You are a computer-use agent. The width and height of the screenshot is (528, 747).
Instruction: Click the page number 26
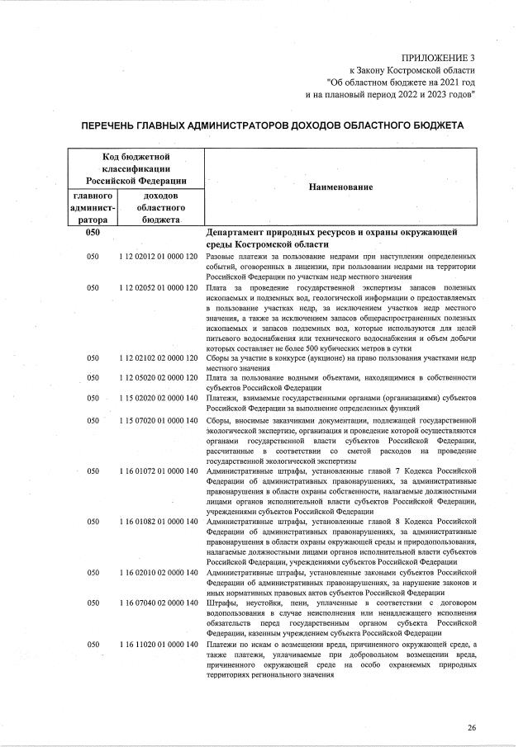(x=472, y=727)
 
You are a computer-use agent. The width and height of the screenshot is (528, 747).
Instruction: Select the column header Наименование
(x=340, y=187)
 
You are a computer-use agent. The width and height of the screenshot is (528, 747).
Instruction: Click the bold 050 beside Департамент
(x=93, y=234)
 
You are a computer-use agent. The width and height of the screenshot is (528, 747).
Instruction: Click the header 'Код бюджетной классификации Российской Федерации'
(x=136, y=168)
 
